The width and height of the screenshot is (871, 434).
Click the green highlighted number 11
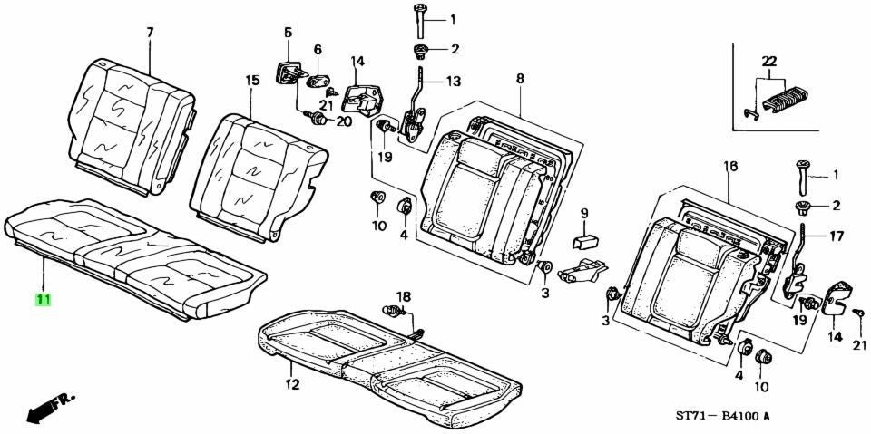pyautogui.click(x=44, y=300)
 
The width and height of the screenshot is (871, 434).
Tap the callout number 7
pyautogui.click(x=150, y=33)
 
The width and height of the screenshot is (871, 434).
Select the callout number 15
pyautogui.click(x=252, y=81)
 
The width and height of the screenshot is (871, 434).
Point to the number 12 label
pyautogui.click(x=292, y=383)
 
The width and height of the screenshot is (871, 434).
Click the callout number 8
pyautogui.click(x=520, y=79)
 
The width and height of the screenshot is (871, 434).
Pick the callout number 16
pyautogui.click(x=731, y=166)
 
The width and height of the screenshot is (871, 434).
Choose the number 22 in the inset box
pyautogui.click(x=769, y=61)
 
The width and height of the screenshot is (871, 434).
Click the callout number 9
pyautogui.click(x=583, y=213)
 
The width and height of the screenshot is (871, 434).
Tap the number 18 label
pyautogui.click(x=403, y=295)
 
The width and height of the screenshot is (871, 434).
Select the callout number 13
pyautogui.click(x=454, y=82)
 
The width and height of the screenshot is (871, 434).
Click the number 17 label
pyautogui.click(x=836, y=236)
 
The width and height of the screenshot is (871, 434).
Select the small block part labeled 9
pyautogui.click(x=585, y=241)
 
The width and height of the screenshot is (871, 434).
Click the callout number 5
pyautogui.click(x=288, y=33)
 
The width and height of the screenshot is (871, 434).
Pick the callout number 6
pyautogui.click(x=318, y=50)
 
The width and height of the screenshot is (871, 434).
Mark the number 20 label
pyautogui.click(x=345, y=121)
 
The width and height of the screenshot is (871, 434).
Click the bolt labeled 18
pyautogui.click(x=393, y=311)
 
